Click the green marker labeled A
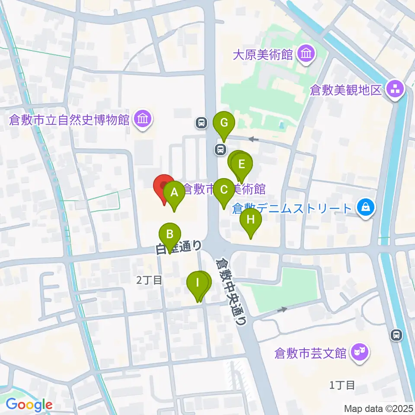pos(174,193)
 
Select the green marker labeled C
pos(223,190)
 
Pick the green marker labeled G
pos(223,123)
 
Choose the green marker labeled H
pos(251,220)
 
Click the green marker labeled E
pos(241,164)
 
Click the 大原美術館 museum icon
pos(308,54)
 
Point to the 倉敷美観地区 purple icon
pos(396,90)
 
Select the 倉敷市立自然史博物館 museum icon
pos(142,119)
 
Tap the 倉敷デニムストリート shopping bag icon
pos(366,208)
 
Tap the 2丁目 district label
pos(149,280)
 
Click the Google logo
pos(29,405)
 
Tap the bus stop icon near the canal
pos(396,334)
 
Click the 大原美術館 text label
pos(263,55)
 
